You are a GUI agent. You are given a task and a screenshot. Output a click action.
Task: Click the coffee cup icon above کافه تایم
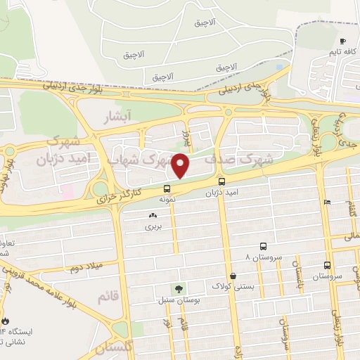coord(342,41)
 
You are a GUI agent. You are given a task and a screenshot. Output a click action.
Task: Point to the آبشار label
coord(115,115)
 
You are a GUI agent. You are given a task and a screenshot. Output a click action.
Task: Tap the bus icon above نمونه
coord(167,188)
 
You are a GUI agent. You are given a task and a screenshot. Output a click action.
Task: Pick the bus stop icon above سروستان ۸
coord(263,246)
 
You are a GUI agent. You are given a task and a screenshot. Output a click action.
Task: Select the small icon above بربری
coord(153,215)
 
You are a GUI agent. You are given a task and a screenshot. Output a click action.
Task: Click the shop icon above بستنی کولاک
coord(233,276)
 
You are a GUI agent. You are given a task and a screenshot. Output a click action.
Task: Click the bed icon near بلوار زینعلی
coord(326,202)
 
